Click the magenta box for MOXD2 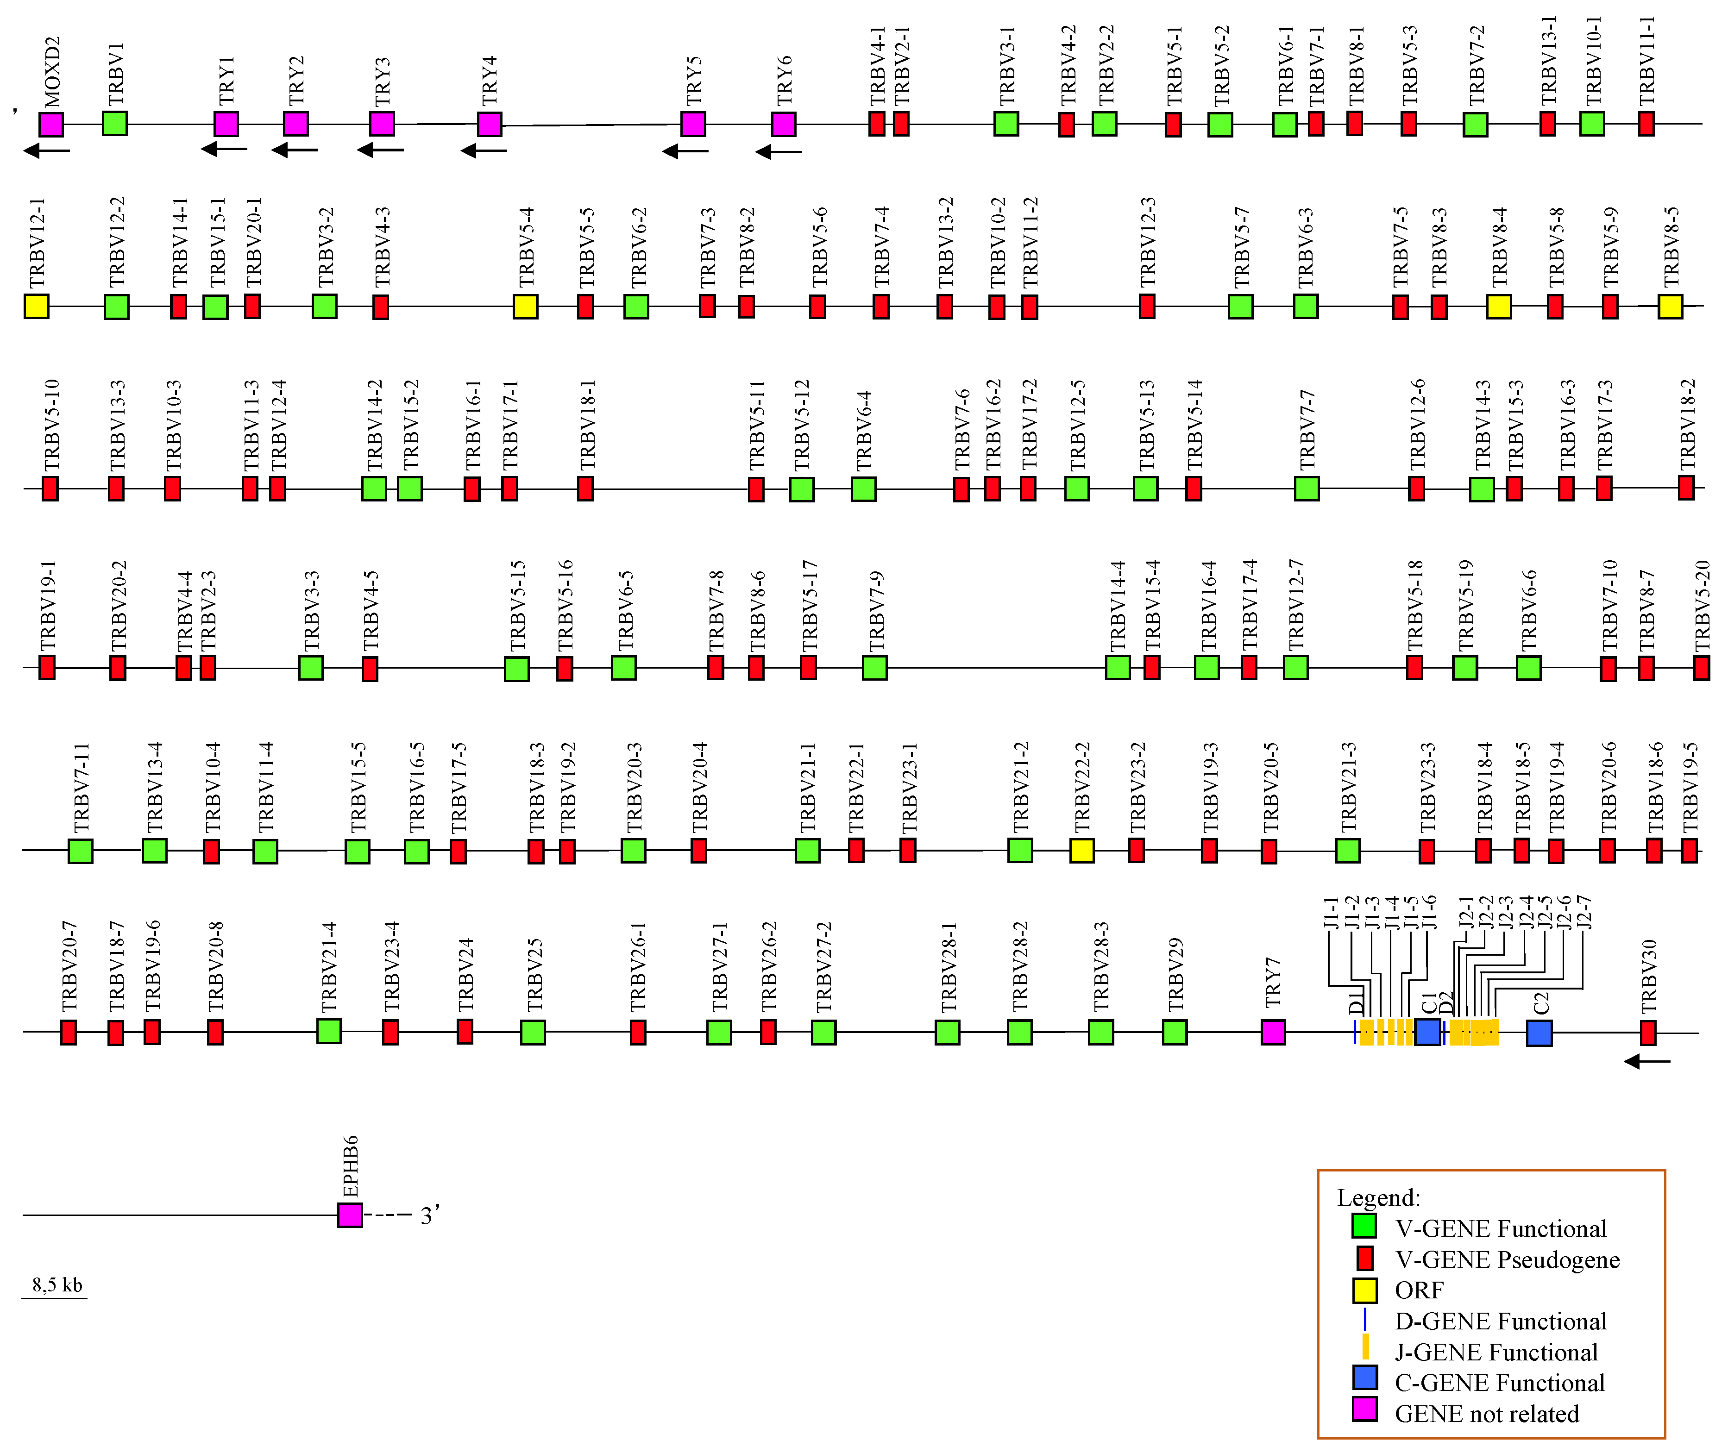click(x=51, y=125)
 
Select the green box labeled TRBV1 click(x=114, y=124)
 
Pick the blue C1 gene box click(x=1427, y=1032)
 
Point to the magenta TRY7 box click(x=1273, y=1032)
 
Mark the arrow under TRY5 click(x=685, y=151)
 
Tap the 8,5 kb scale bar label click(x=57, y=1285)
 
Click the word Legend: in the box click(x=1379, y=1198)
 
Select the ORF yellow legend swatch click(x=1364, y=1291)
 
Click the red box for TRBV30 click(x=1647, y=1033)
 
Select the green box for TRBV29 click(x=1174, y=1032)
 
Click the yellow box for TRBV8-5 click(x=1670, y=307)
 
